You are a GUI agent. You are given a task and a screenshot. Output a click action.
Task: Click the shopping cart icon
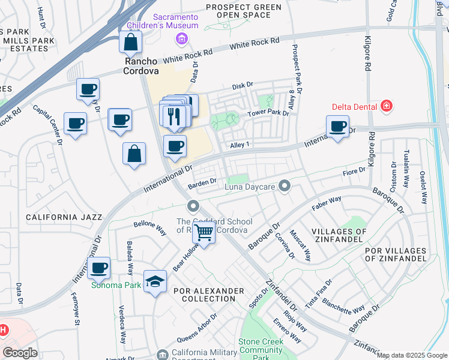click(204, 232)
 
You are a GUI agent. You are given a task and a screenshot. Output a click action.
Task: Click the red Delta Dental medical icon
click(387, 107)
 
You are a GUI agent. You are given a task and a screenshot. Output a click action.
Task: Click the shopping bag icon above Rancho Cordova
click(130, 43)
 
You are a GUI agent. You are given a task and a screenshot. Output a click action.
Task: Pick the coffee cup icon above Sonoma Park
click(99, 267)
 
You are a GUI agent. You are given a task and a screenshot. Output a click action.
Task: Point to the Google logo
click(20, 353)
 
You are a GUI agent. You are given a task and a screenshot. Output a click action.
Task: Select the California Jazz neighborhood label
click(64, 217)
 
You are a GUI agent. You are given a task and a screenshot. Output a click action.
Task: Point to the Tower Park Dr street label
click(268, 113)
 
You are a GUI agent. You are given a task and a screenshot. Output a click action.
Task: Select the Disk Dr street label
click(243, 86)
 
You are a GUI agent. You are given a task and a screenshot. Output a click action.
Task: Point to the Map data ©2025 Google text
click(411, 355)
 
